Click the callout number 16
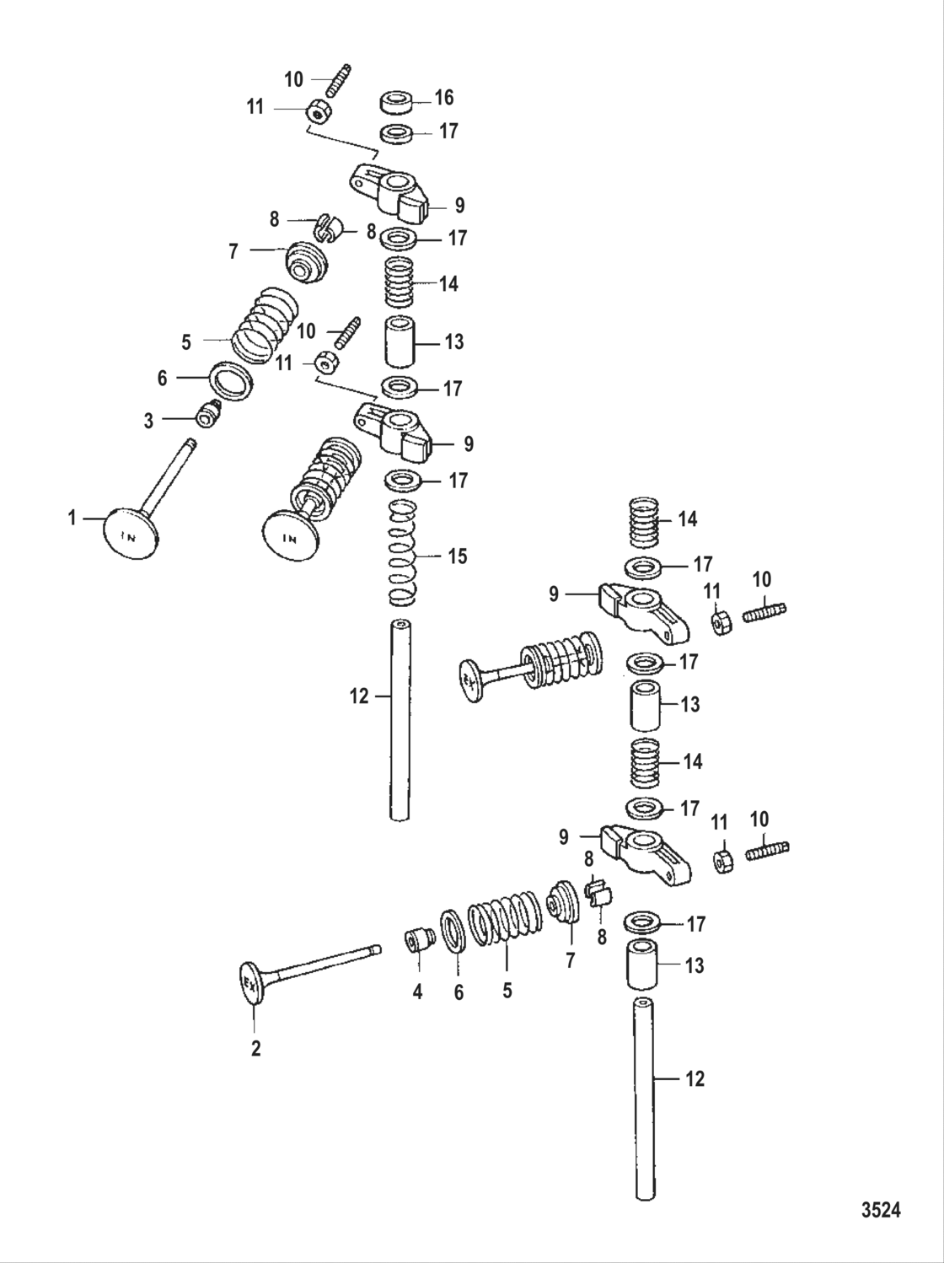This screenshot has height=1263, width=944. point(443,99)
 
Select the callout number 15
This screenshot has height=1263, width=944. point(458,556)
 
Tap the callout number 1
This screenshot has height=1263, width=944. point(72,518)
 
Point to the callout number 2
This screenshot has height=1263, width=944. point(255,1048)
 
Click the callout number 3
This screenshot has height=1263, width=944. point(148,421)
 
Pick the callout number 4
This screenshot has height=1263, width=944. point(416,992)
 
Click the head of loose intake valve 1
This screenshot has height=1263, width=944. point(131,533)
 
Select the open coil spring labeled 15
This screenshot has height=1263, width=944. point(404,552)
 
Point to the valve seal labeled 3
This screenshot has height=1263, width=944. point(206,415)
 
